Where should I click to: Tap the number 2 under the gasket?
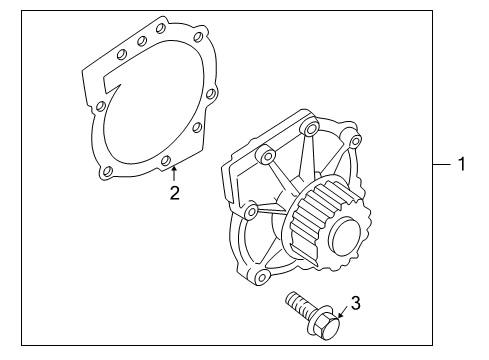point(174,193)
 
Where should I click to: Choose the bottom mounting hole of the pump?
point(262,276)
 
